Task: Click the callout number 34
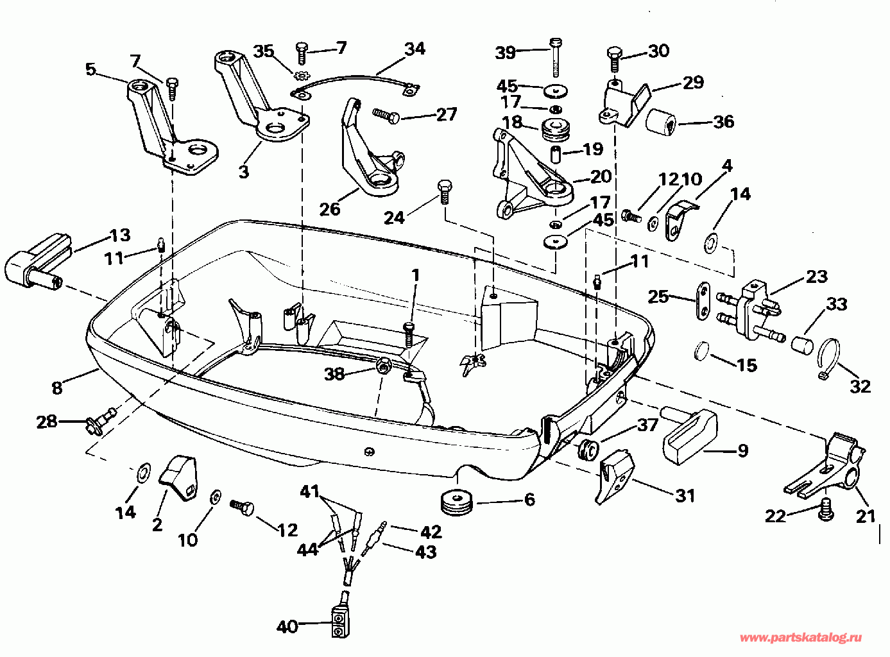(415, 49)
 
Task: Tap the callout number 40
(287, 626)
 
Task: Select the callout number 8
(57, 387)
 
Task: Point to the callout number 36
(723, 121)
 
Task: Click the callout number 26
(330, 209)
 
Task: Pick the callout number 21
(866, 516)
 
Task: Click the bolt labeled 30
(614, 60)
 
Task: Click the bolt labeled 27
(386, 116)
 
